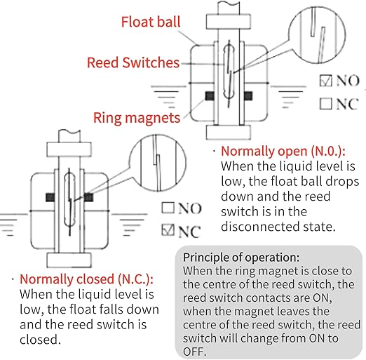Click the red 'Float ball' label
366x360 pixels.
[151, 22]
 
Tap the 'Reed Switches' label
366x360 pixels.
[133, 62]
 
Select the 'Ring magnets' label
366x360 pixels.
[137, 118]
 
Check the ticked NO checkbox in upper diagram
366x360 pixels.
[325, 81]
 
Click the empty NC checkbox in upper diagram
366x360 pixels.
[325, 103]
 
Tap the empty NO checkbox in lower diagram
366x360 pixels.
[168, 208]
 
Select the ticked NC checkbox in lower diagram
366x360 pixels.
[168, 229]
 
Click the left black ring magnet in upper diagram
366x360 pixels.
[210, 96]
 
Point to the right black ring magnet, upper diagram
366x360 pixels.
[248, 96]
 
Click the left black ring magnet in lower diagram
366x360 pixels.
[50, 197]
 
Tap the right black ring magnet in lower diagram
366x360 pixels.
[88, 197]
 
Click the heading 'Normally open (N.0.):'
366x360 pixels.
[283, 152]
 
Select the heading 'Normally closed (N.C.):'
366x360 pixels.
[86, 279]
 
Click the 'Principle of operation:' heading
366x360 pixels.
[241, 258]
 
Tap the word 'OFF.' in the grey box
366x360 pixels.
[194, 352]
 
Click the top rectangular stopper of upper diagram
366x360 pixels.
[229, 22]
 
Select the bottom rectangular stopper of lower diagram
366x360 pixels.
[69, 260]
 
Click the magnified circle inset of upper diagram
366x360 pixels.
[317, 35]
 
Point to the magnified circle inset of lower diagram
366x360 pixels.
[158, 163]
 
